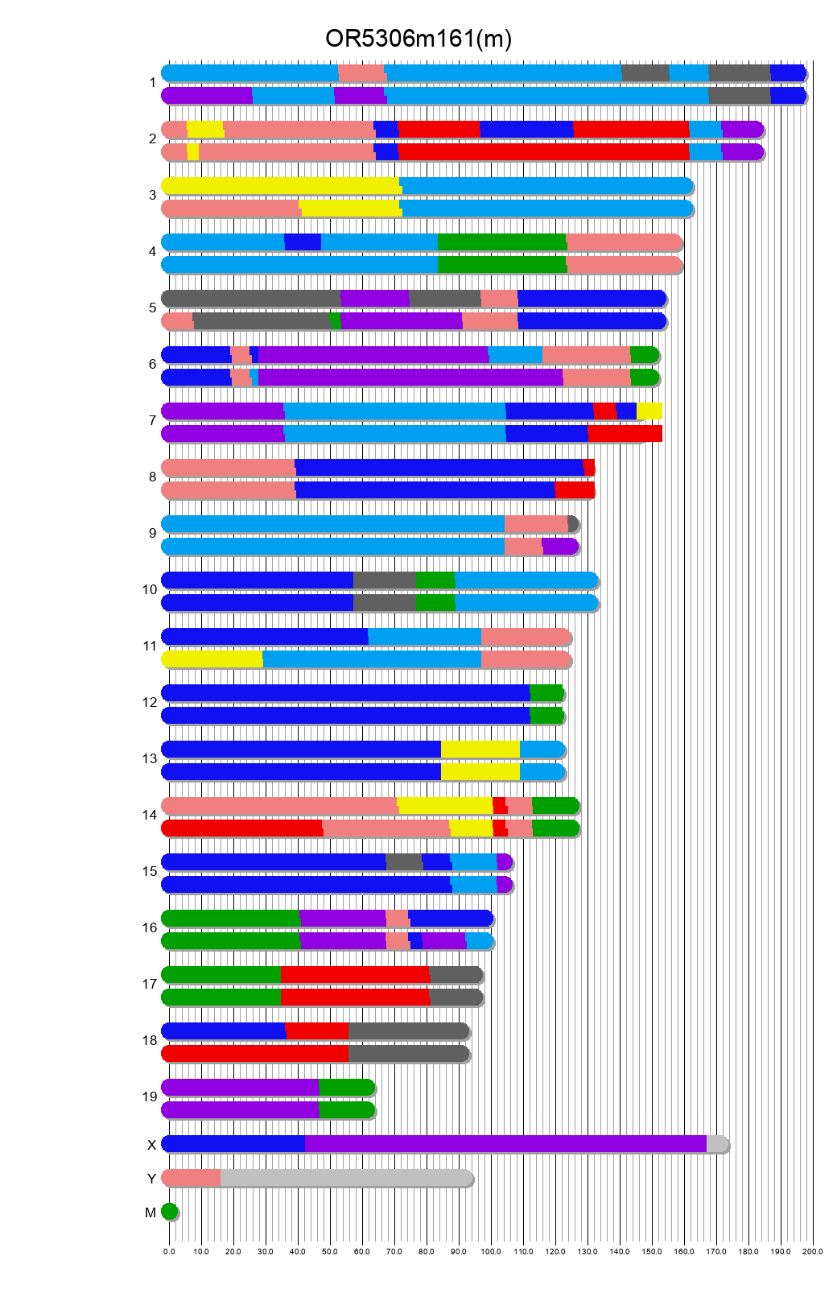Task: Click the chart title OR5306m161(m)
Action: (x=418, y=39)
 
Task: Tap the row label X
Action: (x=151, y=1145)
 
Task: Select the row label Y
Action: (x=151, y=1179)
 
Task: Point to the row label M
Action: (x=150, y=1212)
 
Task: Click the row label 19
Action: (x=150, y=1097)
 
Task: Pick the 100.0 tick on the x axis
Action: (x=491, y=1252)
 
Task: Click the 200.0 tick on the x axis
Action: (x=813, y=1252)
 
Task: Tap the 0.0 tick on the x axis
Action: (x=169, y=1252)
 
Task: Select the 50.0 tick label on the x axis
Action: (x=330, y=1252)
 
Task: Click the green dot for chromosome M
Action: (x=169, y=1212)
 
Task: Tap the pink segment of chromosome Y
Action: (x=192, y=1178)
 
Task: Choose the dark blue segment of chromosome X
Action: (x=233, y=1144)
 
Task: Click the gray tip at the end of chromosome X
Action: (x=716, y=1144)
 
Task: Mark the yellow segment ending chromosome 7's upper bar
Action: (x=649, y=411)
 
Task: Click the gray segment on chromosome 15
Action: (x=404, y=862)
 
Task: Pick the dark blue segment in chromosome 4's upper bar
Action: (x=303, y=242)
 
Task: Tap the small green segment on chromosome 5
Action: (x=336, y=321)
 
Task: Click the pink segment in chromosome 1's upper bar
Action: (x=361, y=73)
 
